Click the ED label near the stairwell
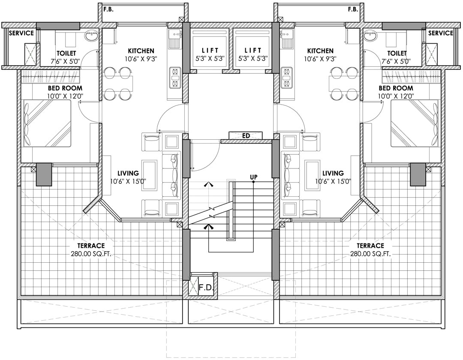tap(246, 136)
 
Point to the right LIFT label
tap(253, 51)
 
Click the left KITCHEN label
tap(141, 51)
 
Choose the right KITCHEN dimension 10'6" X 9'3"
tap(320, 59)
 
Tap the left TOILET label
tap(66, 53)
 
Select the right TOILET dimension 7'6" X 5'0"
tap(397, 61)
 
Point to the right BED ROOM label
tap(396, 88)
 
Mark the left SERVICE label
tap(21, 33)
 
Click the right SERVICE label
tap(441, 33)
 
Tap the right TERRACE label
tap(370, 246)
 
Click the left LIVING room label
tap(128, 173)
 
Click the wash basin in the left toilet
tap(90, 37)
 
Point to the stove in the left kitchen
tap(175, 77)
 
